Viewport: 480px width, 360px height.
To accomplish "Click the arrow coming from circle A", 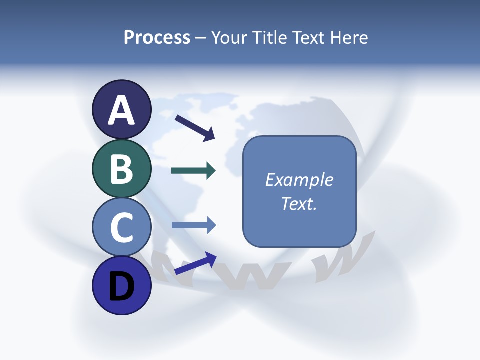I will [195, 127].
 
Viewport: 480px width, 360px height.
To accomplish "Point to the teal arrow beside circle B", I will [193, 171].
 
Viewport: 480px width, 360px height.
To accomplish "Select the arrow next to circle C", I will [193, 225].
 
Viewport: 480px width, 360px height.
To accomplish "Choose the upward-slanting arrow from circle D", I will [195, 263].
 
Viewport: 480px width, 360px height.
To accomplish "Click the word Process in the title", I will [157, 38].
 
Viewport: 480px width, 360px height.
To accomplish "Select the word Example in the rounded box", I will [299, 180].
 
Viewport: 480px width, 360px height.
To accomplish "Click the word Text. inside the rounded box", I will [299, 204].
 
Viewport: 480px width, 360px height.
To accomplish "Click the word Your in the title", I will [229, 38].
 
